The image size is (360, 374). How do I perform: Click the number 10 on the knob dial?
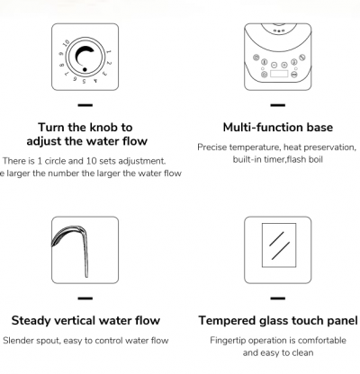(67, 43)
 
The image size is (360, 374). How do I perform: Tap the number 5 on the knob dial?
(85, 81)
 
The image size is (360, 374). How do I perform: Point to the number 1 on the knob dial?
(108, 52)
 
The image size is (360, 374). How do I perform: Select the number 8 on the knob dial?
(62, 65)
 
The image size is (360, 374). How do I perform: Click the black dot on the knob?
(85, 69)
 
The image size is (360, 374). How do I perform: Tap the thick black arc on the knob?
(78, 54)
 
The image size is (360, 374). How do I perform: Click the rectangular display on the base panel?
(279, 74)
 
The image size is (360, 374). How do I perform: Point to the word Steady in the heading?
(31, 321)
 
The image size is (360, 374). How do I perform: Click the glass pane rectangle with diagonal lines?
(279, 245)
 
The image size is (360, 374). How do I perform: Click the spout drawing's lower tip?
(86, 276)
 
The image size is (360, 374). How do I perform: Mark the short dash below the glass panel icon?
(278, 298)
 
